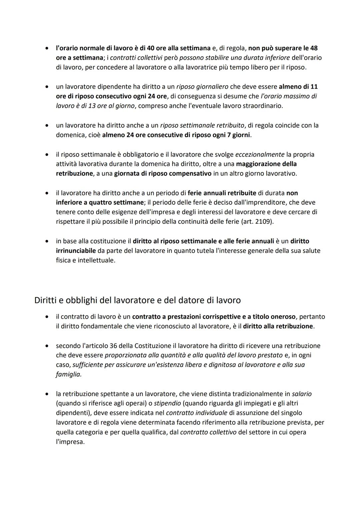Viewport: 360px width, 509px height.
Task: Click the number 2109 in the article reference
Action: (x=264, y=222)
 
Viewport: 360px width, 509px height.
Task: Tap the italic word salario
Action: (x=302, y=394)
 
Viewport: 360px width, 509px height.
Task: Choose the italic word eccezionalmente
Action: (x=260, y=154)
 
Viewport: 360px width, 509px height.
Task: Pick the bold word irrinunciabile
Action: (x=76, y=250)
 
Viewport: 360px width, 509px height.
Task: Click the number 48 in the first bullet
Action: (x=314, y=48)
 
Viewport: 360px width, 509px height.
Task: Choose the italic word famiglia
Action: (x=68, y=374)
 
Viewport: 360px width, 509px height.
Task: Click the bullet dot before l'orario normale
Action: (x=48, y=48)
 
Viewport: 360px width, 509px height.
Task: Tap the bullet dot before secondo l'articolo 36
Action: (x=48, y=346)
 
